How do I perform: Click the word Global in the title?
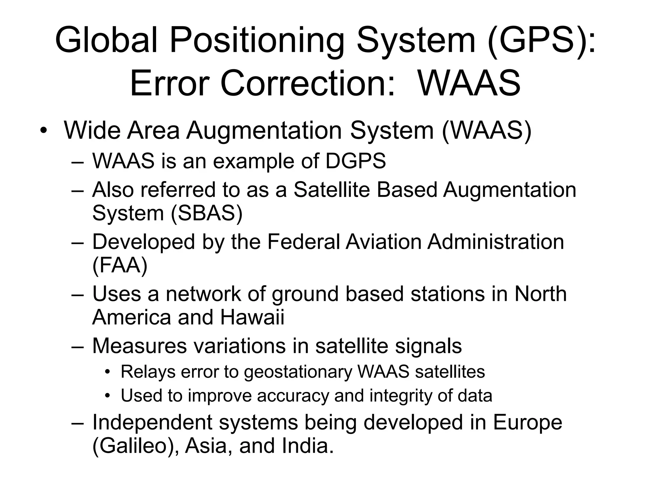pos(106,40)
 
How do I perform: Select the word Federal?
pos(304,242)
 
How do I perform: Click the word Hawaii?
pos(252,317)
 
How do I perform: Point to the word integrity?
pos(401,396)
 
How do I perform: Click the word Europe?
pos(527,423)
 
